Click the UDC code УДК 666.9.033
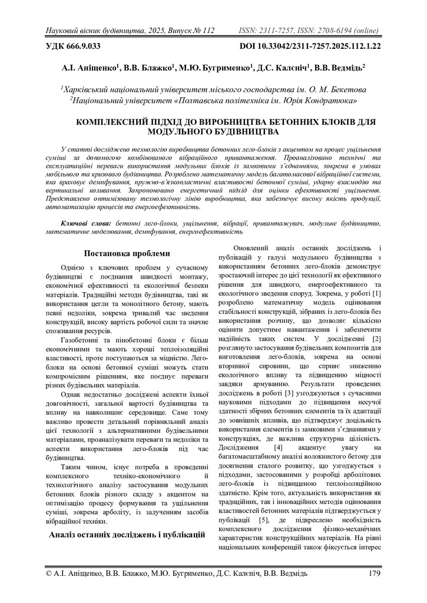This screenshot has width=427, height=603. (72, 45)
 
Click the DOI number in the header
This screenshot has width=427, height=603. (310, 45)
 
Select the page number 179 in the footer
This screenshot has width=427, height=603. (373, 574)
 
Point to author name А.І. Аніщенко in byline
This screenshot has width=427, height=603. (90, 68)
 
